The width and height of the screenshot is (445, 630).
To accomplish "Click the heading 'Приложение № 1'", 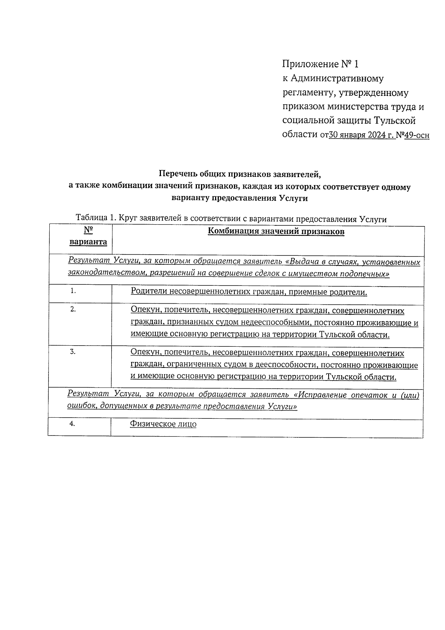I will tap(320, 64).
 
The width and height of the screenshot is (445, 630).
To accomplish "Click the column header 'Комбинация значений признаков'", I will tap(276, 232).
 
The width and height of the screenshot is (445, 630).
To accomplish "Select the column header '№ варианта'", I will tap(88, 236).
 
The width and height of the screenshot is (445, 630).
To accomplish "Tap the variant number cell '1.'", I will tap(73, 291).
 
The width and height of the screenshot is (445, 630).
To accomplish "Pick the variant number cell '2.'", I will tap(73, 309).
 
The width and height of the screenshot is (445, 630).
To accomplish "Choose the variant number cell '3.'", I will tap(73, 352).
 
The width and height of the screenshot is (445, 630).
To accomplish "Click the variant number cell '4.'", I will tap(72, 424).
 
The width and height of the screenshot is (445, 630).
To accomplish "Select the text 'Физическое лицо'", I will tap(163, 424).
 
